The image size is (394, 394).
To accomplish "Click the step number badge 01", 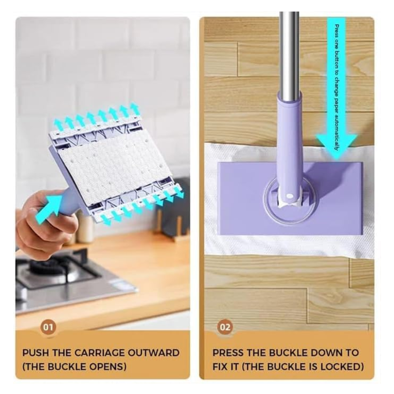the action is click(49, 327).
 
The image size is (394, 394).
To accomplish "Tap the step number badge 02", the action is click(225, 327).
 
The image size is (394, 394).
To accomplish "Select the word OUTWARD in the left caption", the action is click(154, 352).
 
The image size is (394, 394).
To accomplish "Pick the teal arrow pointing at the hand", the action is click(49, 208).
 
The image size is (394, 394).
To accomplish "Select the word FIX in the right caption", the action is click(222, 366).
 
